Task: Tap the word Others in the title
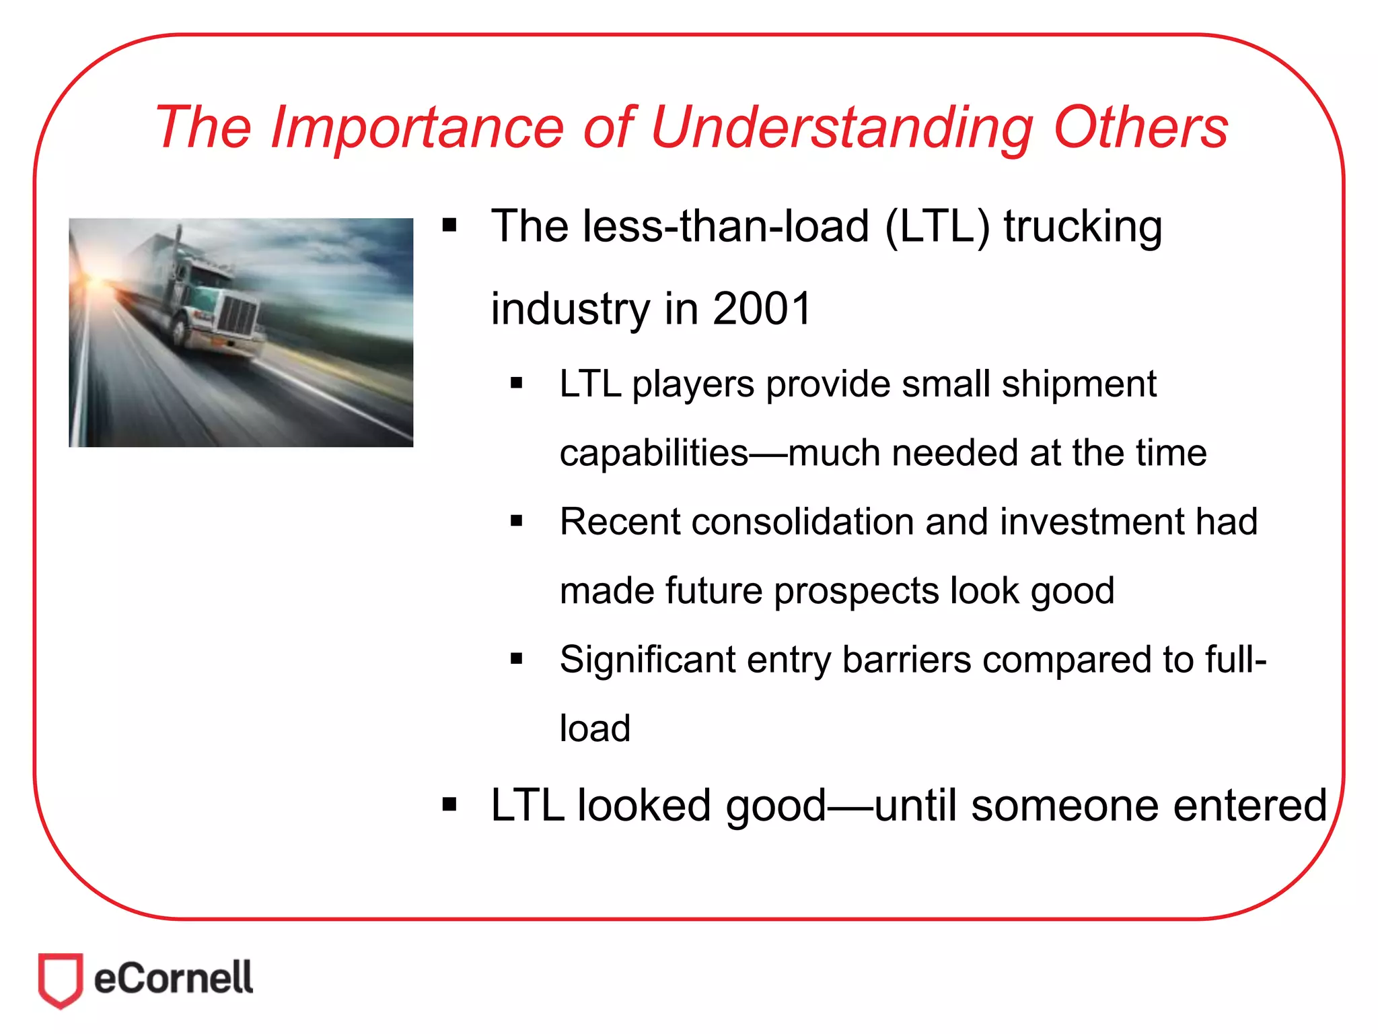point(1140,128)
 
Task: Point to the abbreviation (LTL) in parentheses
point(937,227)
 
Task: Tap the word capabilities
point(653,454)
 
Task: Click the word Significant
point(647,660)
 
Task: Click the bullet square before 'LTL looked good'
point(449,804)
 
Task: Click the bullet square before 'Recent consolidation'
point(516,520)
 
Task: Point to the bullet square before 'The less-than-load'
point(449,225)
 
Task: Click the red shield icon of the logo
point(61,979)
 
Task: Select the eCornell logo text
point(173,978)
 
